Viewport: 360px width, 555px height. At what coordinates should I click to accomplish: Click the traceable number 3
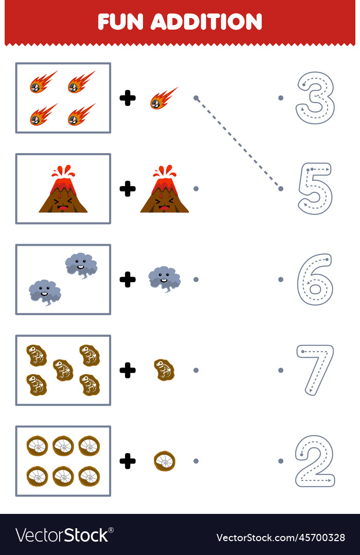pyautogui.click(x=315, y=98)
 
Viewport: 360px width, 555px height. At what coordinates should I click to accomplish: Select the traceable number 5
pyautogui.click(x=315, y=188)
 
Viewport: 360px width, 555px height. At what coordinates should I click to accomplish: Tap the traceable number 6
pyautogui.click(x=315, y=279)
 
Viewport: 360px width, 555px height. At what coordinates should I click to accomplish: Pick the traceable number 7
pyautogui.click(x=315, y=369)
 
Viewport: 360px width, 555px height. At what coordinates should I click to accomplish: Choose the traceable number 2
pyautogui.click(x=315, y=460)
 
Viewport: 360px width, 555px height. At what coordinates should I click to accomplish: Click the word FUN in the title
pyautogui.click(x=120, y=22)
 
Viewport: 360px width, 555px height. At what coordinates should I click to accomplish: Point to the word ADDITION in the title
pyautogui.click(x=207, y=22)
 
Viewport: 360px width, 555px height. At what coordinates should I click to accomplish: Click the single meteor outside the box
pyautogui.click(x=164, y=98)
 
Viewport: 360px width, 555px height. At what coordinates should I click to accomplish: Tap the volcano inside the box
pyautogui.click(x=63, y=190)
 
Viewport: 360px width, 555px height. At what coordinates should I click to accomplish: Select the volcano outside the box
pyautogui.click(x=164, y=190)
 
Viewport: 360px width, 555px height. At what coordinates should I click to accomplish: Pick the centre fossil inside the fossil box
pyautogui.click(x=63, y=369)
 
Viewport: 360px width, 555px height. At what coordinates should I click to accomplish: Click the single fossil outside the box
pyautogui.click(x=164, y=369)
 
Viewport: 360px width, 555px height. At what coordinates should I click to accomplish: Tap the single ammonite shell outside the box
pyautogui.click(x=164, y=461)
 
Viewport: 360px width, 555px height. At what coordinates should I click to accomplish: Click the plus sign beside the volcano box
pyautogui.click(x=128, y=189)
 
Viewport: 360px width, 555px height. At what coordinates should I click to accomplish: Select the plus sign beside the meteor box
pyautogui.click(x=128, y=98)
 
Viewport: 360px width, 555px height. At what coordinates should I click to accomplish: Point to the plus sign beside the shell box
pyautogui.click(x=128, y=461)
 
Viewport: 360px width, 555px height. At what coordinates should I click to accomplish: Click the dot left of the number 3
pyautogui.click(x=280, y=98)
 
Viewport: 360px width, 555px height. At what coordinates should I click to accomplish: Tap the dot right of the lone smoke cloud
pyautogui.click(x=195, y=280)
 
